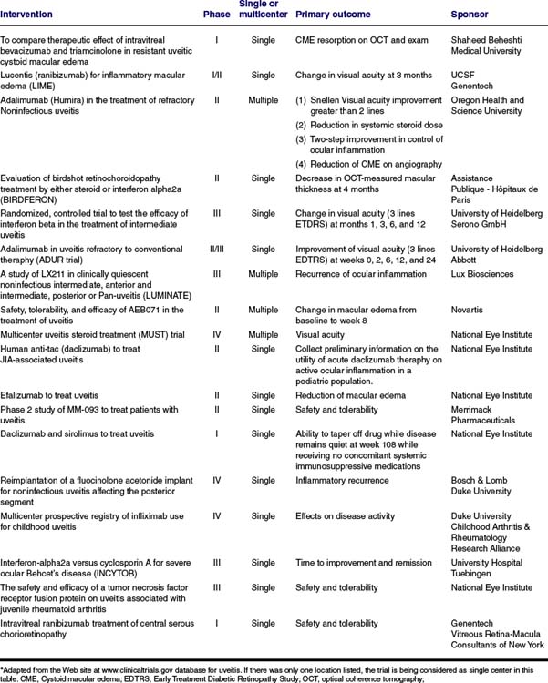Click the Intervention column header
tap(26, 15)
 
